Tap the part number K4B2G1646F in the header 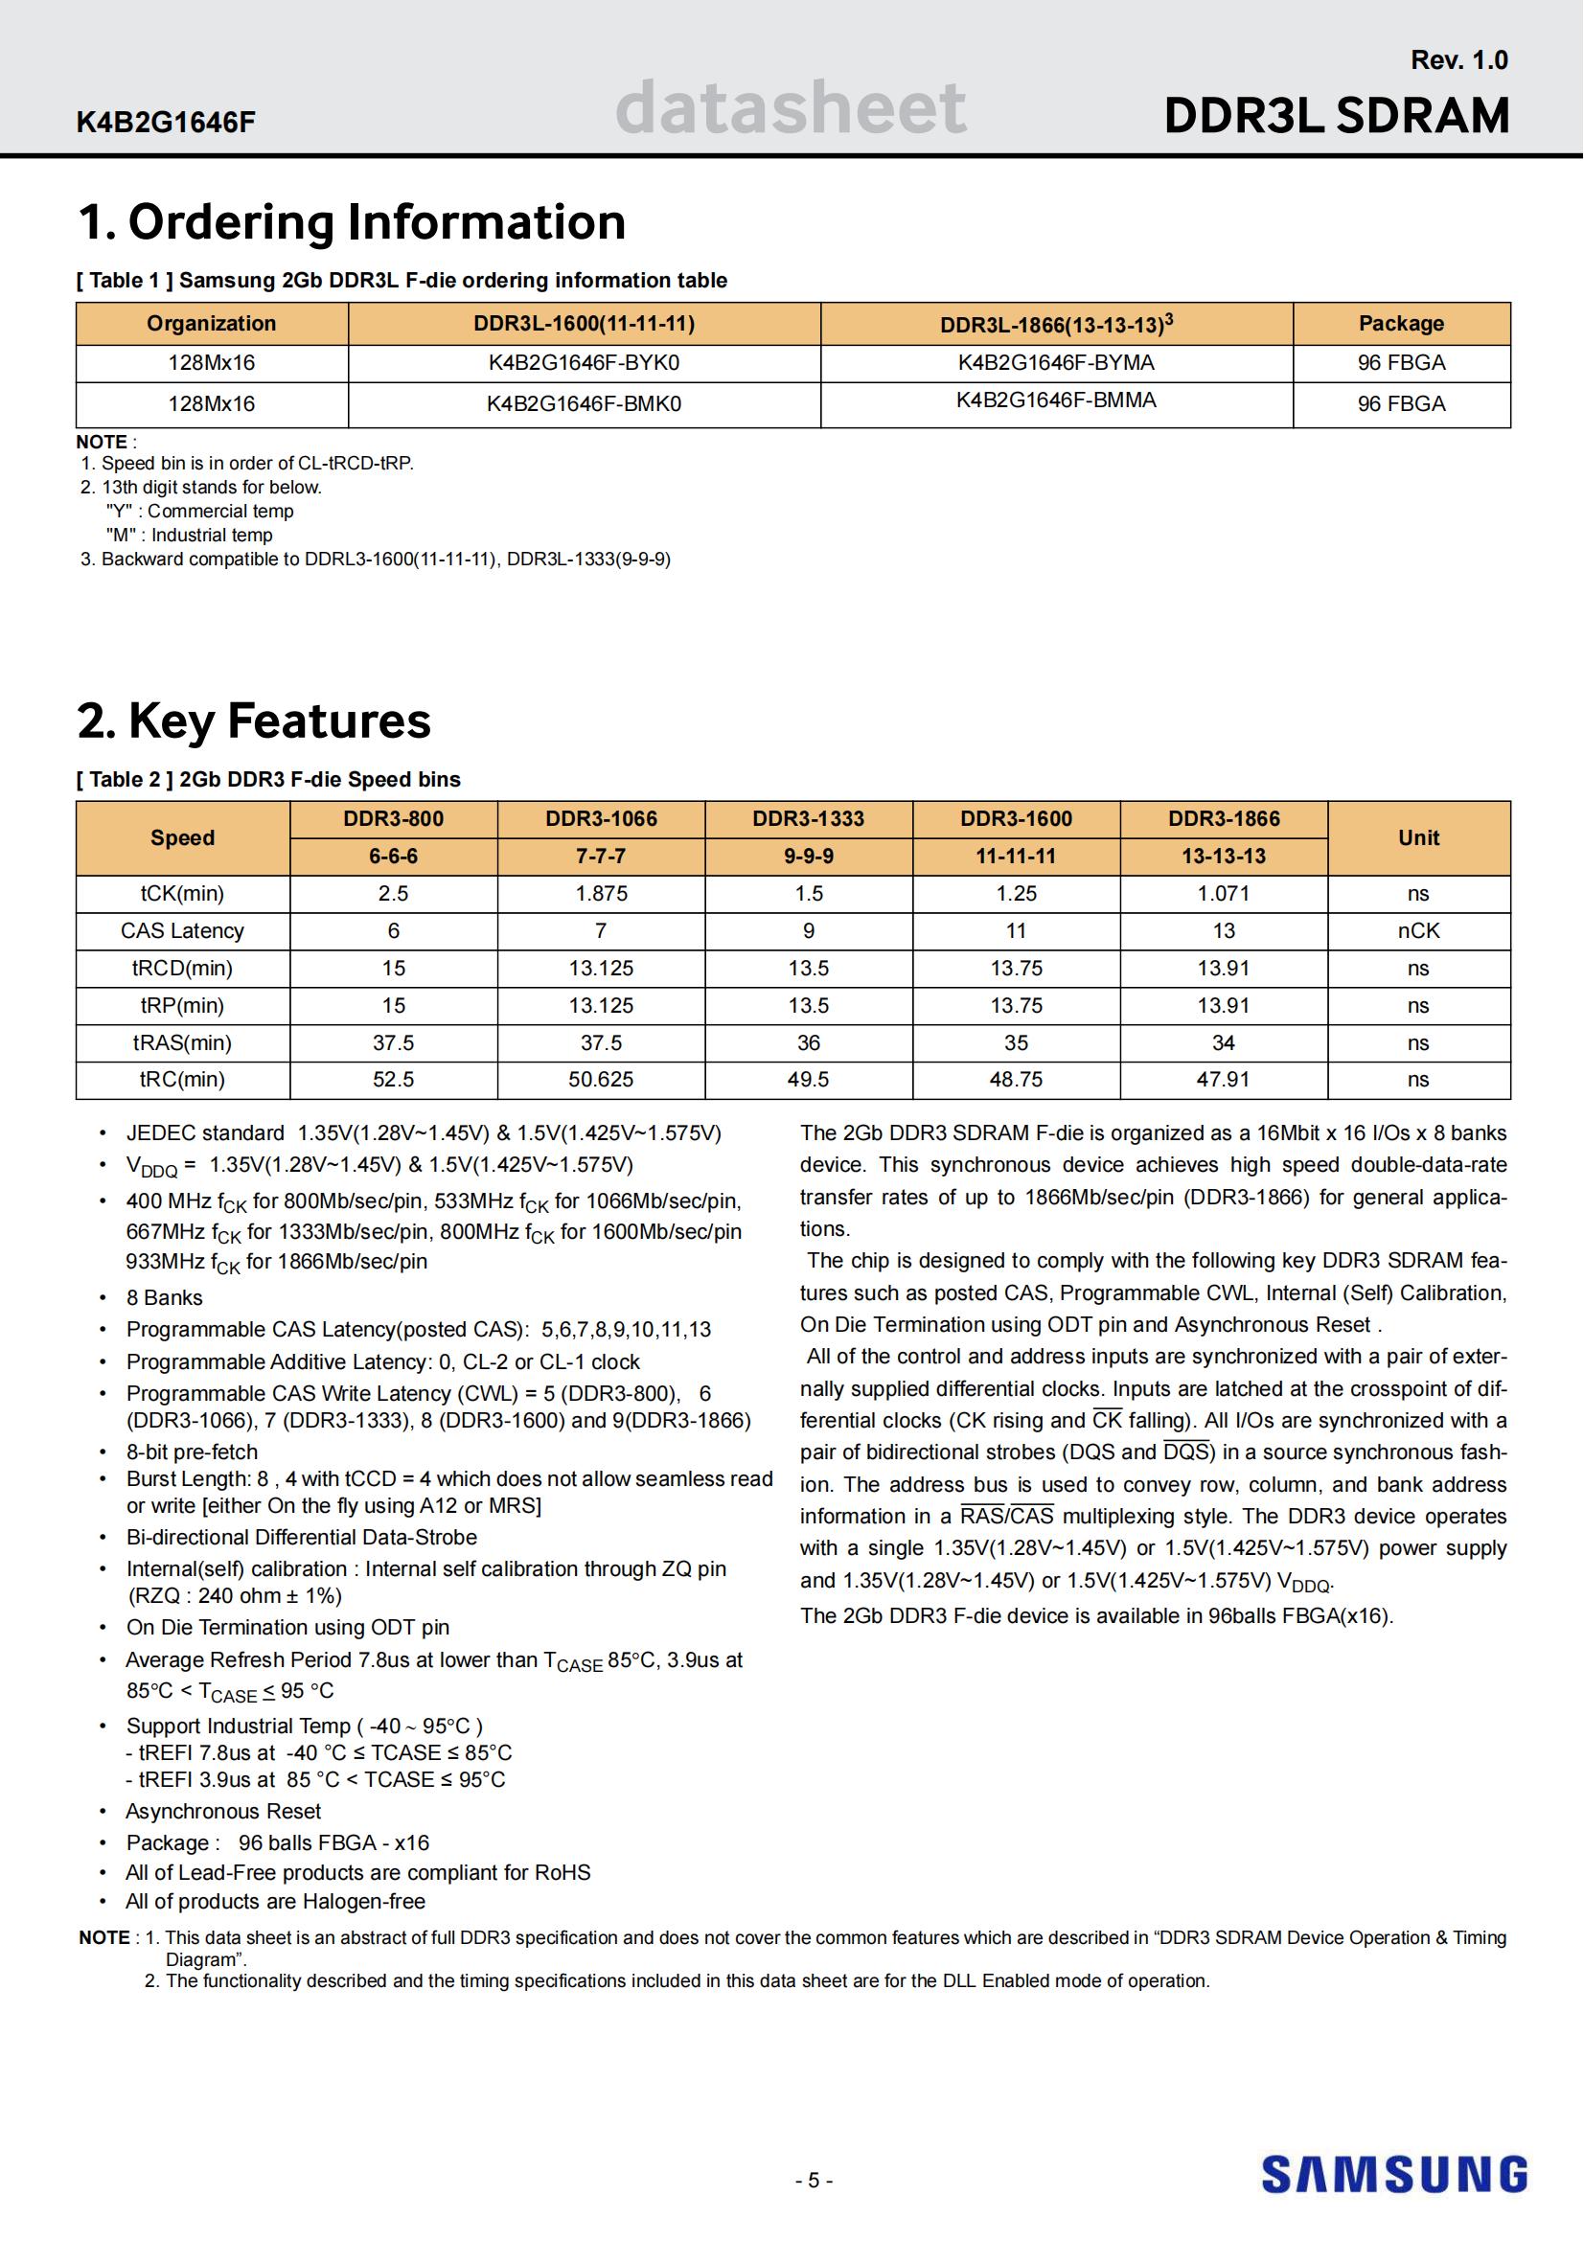(x=166, y=123)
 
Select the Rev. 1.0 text (x=1458, y=60)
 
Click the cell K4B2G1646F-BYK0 (x=584, y=363)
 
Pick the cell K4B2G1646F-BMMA (x=1056, y=400)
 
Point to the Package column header (x=1401, y=324)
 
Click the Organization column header (x=211, y=324)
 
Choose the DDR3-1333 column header (x=808, y=819)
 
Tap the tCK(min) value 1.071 (x=1223, y=893)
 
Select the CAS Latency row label (x=182, y=931)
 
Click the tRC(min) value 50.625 (x=600, y=1080)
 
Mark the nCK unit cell (x=1418, y=931)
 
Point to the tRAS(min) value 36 (x=808, y=1042)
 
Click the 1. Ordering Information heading (x=352, y=222)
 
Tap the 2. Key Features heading (x=254, y=721)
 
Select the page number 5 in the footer (x=814, y=2181)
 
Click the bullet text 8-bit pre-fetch (x=193, y=1452)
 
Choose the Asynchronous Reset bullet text (x=222, y=1812)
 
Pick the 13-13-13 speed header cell (x=1223, y=856)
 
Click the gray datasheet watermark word (x=791, y=107)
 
